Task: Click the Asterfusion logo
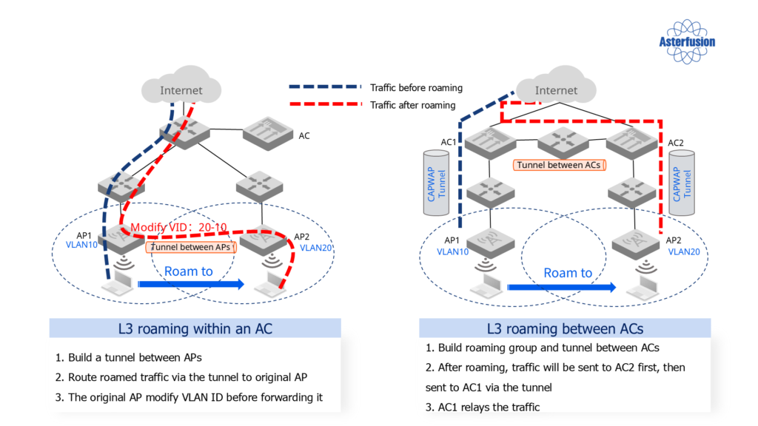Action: point(687,41)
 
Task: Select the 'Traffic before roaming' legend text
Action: point(416,87)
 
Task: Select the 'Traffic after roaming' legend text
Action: point(412,105)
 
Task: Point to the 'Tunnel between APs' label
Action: point(191,247)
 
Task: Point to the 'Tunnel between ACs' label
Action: point(559,165)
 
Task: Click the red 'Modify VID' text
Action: point(178,227)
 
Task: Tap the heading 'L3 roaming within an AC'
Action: point(195,328)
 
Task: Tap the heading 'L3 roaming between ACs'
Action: point(565,328)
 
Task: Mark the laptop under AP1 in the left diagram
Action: point(118,285)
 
